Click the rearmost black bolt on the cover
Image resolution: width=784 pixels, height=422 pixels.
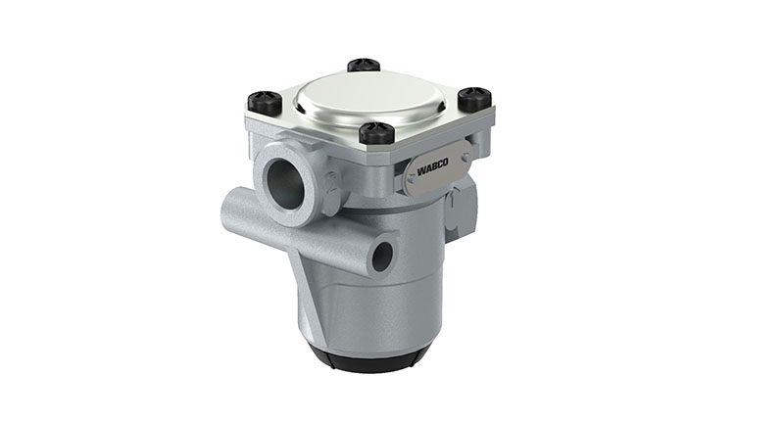[x=364, y=66]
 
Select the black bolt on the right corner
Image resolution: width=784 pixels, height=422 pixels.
[x=473, y=97]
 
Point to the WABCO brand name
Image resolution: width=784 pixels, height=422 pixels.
[x=432, y=169]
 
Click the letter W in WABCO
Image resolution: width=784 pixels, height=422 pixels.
[x=420, y=172]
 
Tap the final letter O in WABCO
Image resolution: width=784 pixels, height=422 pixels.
[x=445, y=166]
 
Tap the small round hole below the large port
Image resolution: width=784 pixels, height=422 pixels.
[x=382, y=256]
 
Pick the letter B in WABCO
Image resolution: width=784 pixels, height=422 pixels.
[x=433, y=169]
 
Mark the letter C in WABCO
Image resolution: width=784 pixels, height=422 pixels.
[x=439, y=167]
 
